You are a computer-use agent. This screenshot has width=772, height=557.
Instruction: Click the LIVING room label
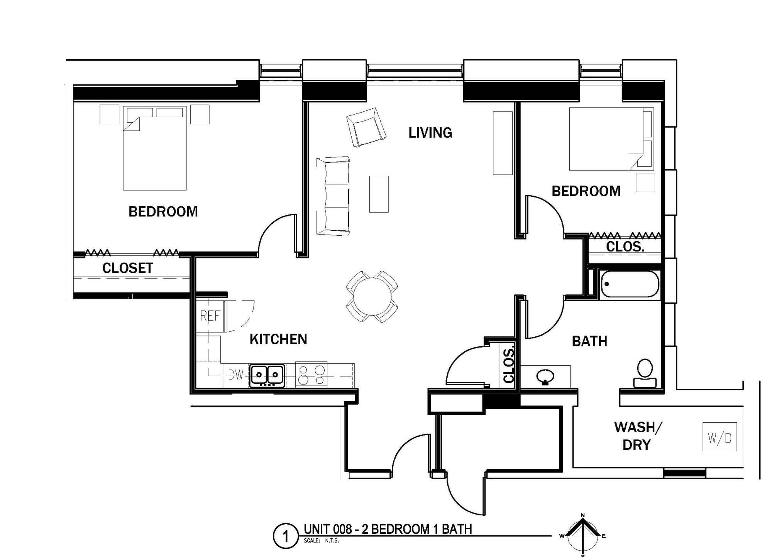[x=430, y=133]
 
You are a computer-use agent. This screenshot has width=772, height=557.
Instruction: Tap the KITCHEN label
[x=278, y=339]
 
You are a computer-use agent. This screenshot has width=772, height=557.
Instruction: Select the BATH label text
[x=589, y=341]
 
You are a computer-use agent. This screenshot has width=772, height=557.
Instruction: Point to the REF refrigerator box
[x=210, y=316]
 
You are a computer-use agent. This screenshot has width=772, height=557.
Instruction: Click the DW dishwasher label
[x=235, y=375]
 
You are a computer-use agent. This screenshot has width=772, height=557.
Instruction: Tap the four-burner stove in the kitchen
[x=312, y=375]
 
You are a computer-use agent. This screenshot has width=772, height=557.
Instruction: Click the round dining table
[x=372, y=297]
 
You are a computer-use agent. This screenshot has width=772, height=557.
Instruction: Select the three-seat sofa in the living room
[x=333, y=196]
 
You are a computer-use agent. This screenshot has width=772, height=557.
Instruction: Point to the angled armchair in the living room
[x=366, y=127]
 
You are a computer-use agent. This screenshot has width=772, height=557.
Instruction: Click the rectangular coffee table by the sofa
[x=379, y=194]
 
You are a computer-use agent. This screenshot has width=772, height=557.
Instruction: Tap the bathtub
[x=630, y=284]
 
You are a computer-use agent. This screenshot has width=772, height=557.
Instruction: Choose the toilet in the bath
[x=645, y=373]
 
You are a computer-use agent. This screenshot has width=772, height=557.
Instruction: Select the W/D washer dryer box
[x=720, y=437]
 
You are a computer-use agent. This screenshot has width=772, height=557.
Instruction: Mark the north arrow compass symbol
[x=583, y=535]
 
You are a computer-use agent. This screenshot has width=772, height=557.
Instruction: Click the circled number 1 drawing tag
[x=286, y=537]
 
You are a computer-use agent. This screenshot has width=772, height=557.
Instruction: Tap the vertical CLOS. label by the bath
[x=509, y=364]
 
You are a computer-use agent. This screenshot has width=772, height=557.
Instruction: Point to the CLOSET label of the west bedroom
[x=128, y=268]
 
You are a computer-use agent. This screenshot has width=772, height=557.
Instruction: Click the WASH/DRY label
[x=638, y=436]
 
